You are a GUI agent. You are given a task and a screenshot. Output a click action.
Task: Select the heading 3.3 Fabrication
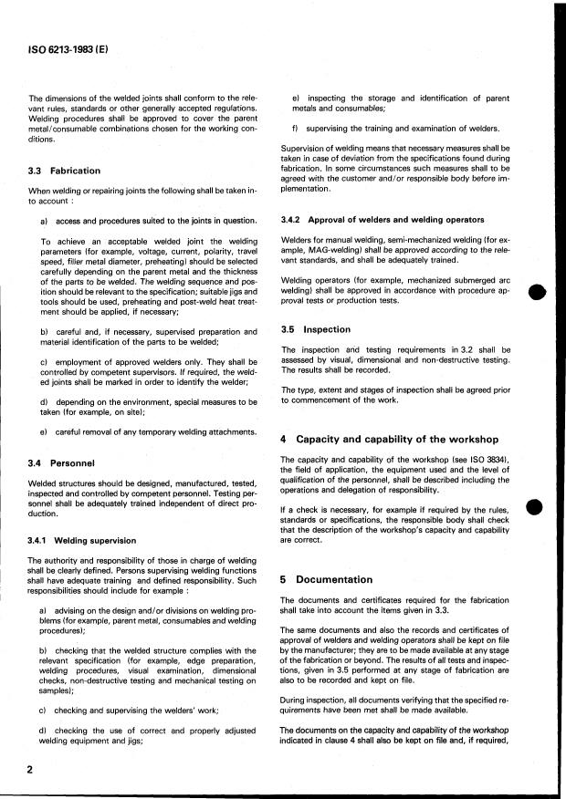tap(64, 171)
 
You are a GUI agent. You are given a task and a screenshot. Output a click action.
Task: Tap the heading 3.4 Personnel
tap(59, 463)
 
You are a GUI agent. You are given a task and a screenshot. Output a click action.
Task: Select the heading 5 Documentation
tap(327, 579)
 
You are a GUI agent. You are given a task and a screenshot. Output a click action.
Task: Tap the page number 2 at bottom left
tap(31, 771)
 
